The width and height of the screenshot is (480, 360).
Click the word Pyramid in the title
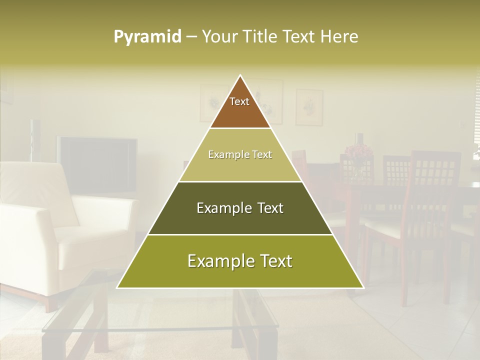pos(147,37)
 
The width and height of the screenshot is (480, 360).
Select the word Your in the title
pos(220,37)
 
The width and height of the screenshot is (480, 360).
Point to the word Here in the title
pos(340,37)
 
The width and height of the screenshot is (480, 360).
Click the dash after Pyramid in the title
pos(191,37)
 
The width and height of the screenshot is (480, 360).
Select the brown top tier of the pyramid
pos(240,112)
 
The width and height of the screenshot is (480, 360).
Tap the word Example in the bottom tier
pos(217,261)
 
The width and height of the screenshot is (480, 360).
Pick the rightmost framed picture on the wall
pos(309,107)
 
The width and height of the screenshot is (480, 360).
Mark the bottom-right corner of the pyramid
pos(363,288)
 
